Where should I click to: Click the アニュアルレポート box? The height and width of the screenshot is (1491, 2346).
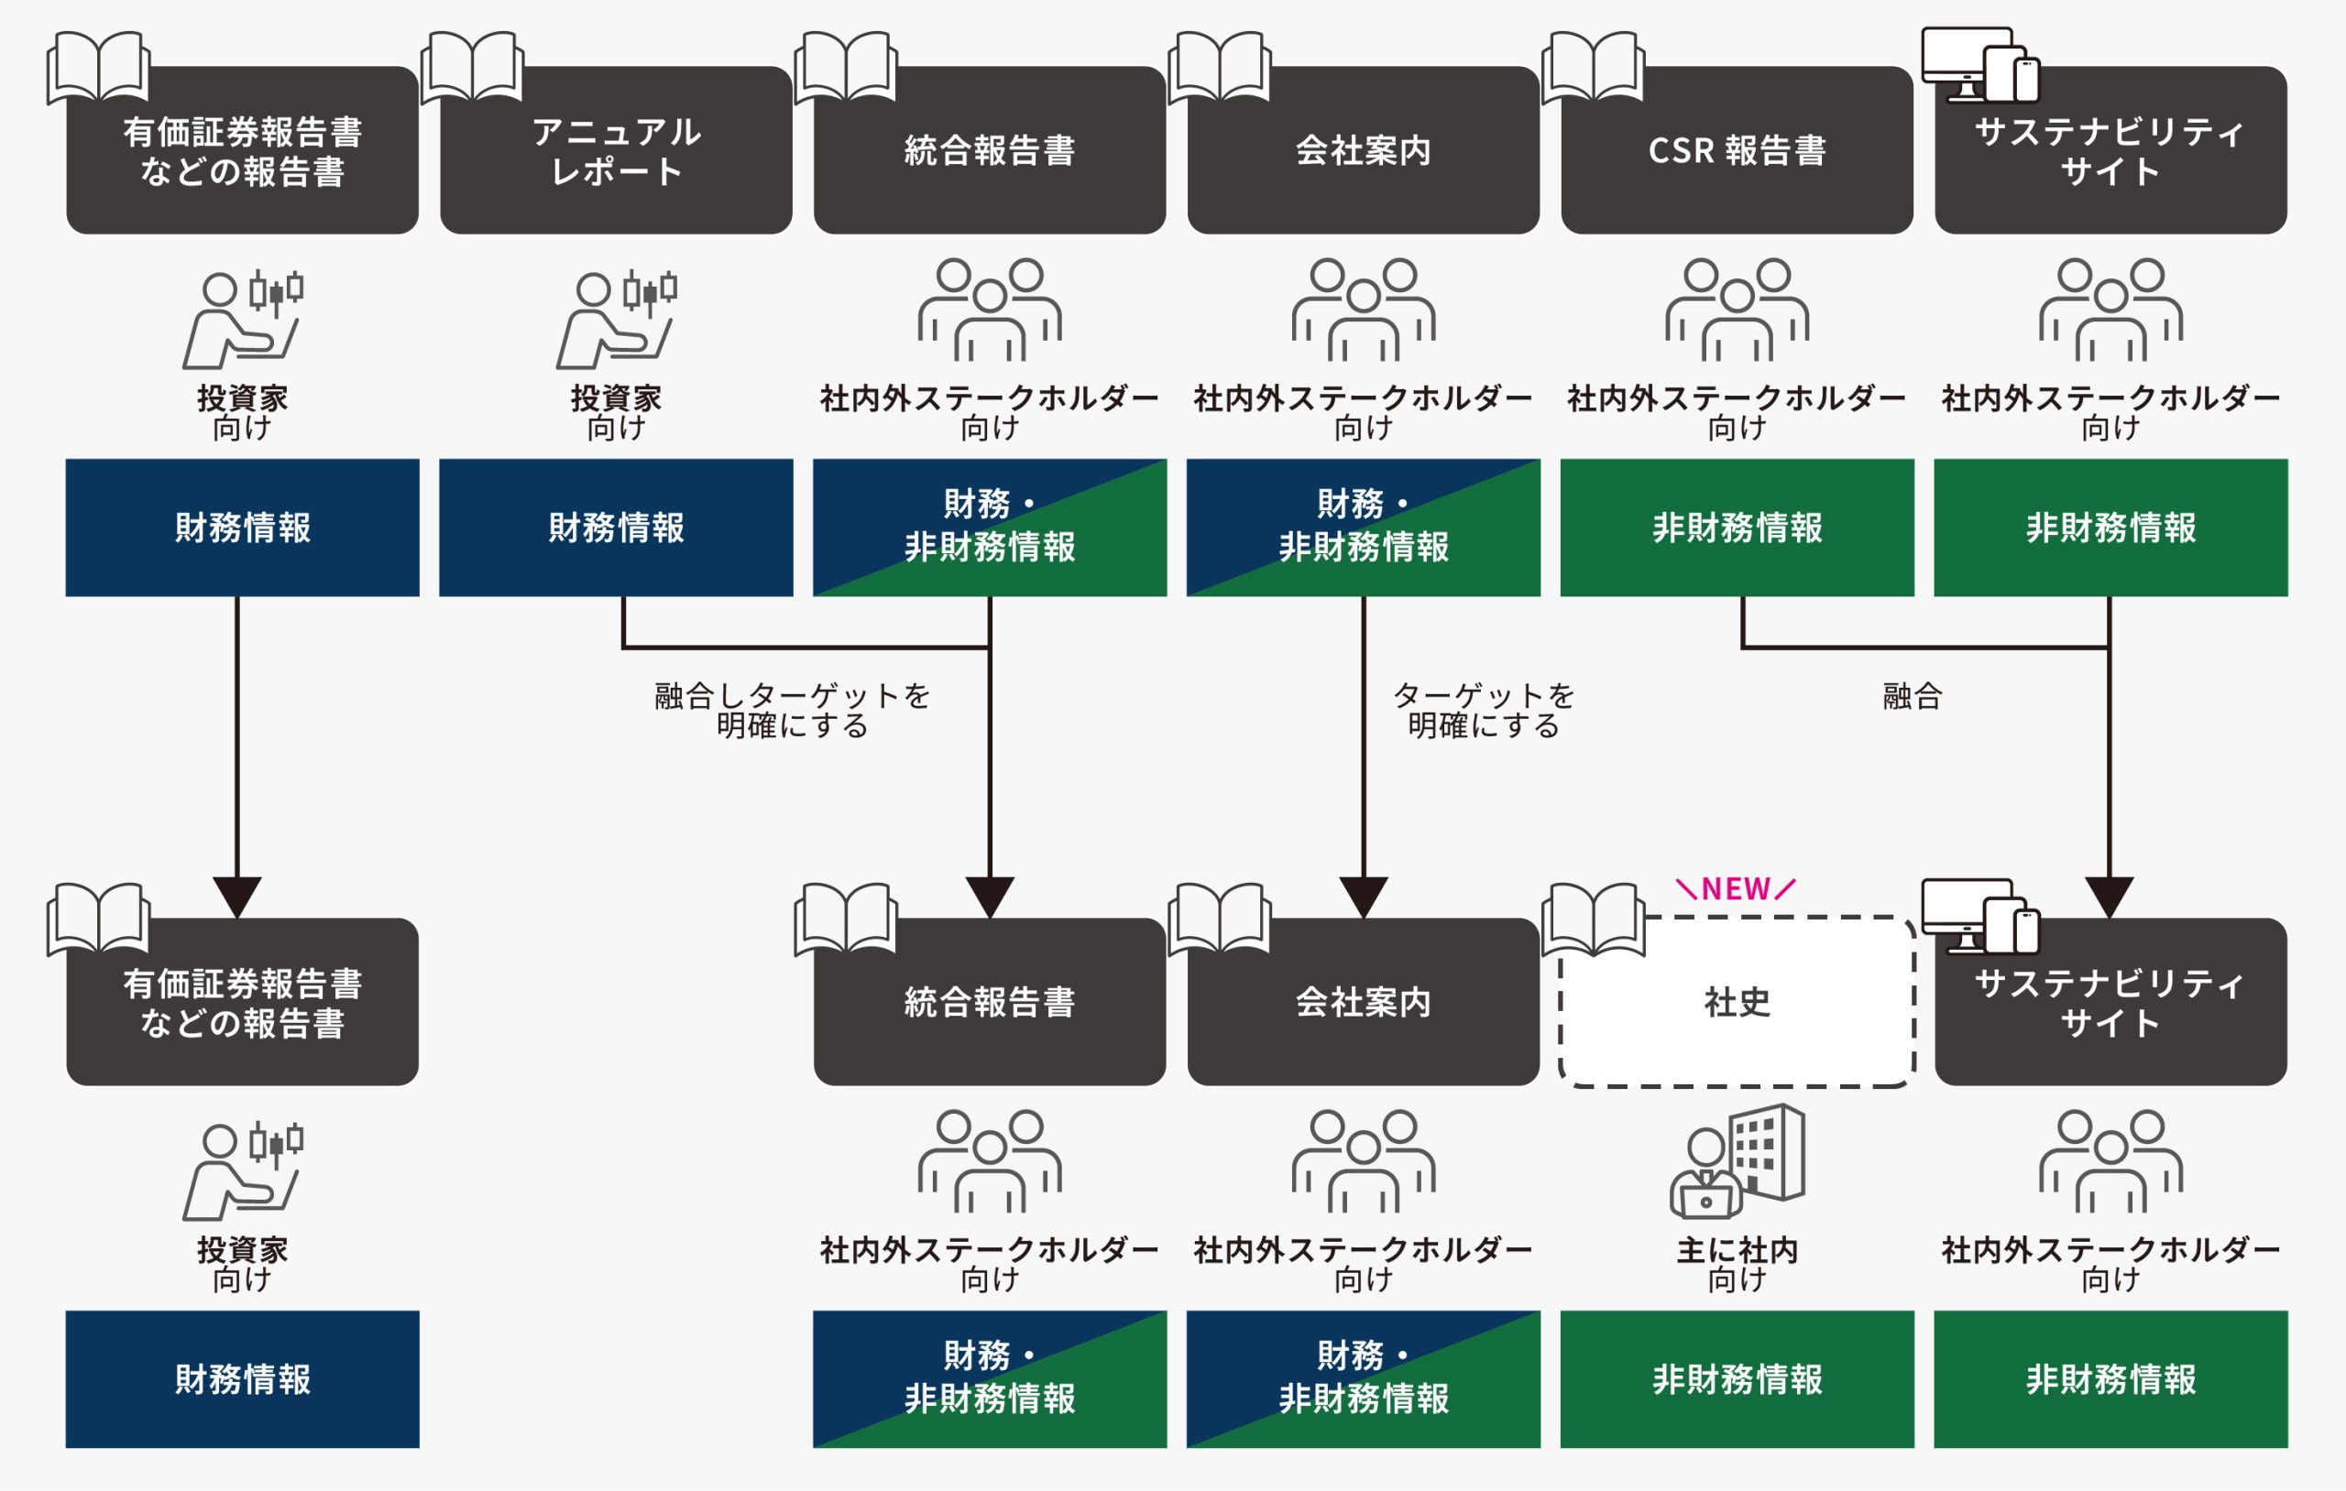click(616, 151)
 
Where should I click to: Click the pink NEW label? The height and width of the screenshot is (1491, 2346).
click(1735, 889)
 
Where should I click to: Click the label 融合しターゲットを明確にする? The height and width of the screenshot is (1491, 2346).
click(792, 710)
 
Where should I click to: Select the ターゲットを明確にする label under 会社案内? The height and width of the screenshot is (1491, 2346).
click(1483, 710)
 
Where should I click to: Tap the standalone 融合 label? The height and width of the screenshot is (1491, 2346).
click(1912, 696)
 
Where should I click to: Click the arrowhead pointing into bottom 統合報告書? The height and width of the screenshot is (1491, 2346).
click(990, 896)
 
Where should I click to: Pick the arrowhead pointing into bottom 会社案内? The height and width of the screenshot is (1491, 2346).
click(1363, 896)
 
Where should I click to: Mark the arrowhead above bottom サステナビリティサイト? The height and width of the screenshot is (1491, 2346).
click(2110, 896)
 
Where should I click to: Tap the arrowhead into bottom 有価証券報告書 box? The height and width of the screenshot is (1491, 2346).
click(236, 896)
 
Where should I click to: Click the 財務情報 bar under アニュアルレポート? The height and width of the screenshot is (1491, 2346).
click(616, 528)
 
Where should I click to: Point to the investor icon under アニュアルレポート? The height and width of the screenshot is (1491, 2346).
click(616, 320)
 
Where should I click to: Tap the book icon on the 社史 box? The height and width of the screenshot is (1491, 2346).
click(1593, 919)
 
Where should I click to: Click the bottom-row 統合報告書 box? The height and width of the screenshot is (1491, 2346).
click(990, 1002)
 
